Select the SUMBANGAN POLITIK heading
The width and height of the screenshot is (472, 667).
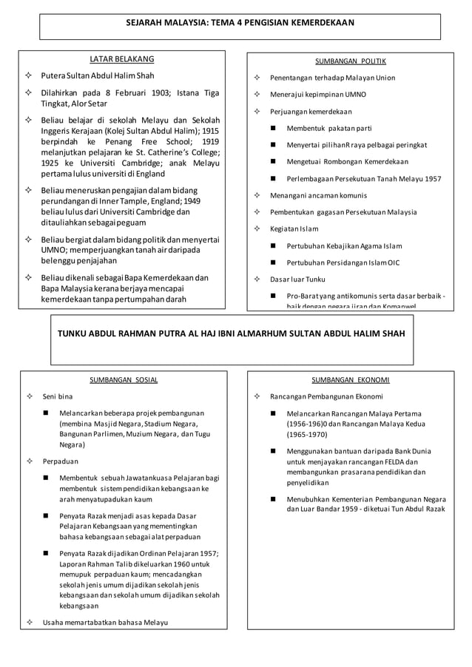(350, 61)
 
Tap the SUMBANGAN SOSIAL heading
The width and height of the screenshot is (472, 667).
(124, 379)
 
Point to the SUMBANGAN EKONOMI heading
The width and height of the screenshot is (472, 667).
(351, 379)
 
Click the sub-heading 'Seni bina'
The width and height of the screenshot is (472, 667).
(58, 396)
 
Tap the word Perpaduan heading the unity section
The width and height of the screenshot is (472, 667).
(61, 461)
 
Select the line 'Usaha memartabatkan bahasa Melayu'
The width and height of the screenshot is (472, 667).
(105, 622)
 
